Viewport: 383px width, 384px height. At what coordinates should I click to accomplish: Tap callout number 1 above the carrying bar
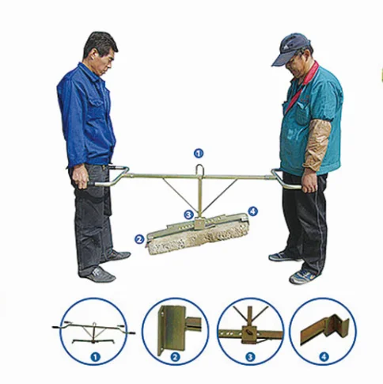(199, 152)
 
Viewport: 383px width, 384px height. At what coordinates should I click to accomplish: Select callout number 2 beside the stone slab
(139, 238)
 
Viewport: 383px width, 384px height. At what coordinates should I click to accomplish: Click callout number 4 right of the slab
(252, 211)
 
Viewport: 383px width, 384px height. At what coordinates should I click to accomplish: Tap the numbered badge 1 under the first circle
(93, 358)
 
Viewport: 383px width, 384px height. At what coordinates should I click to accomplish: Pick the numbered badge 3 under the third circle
(251, 358)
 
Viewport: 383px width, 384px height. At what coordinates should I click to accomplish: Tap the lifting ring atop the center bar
(199, 169)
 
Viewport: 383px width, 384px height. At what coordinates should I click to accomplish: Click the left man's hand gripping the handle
(82, 176)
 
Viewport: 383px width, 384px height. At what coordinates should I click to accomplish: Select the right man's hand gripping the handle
(309, 182)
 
